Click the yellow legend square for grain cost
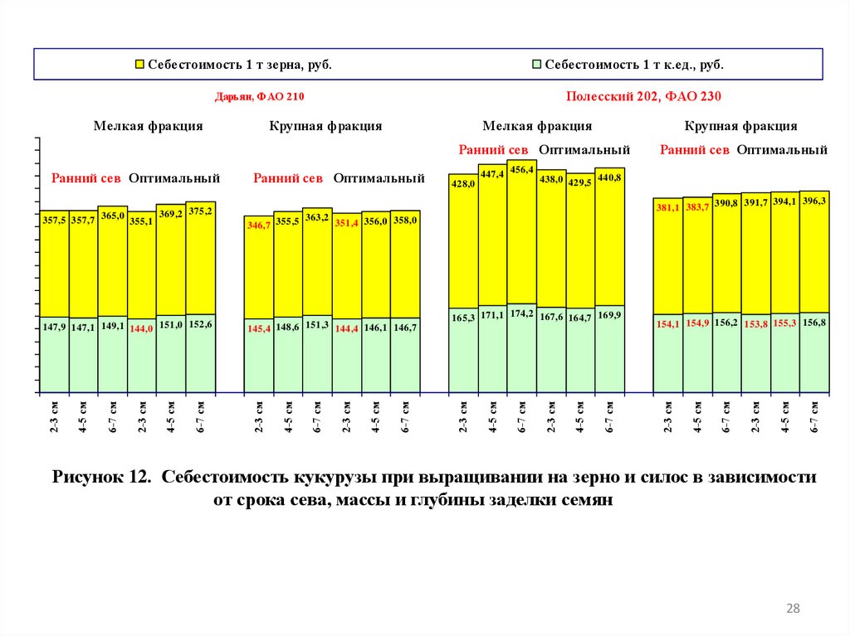point(139,65)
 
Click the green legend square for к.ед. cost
point(537,65)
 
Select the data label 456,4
point(521,170)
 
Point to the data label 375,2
point(200,211)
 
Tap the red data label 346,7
point(258,226)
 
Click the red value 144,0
point(142,328)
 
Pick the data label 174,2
point(521,313)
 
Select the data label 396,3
point(814,201)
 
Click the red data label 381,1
point(667,208)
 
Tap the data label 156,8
point(814,323)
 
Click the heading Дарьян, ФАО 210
point(260,97)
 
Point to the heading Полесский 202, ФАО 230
point(643,96)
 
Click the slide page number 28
point(793,609)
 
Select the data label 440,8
point(609,177)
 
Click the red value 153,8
point(755,325)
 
